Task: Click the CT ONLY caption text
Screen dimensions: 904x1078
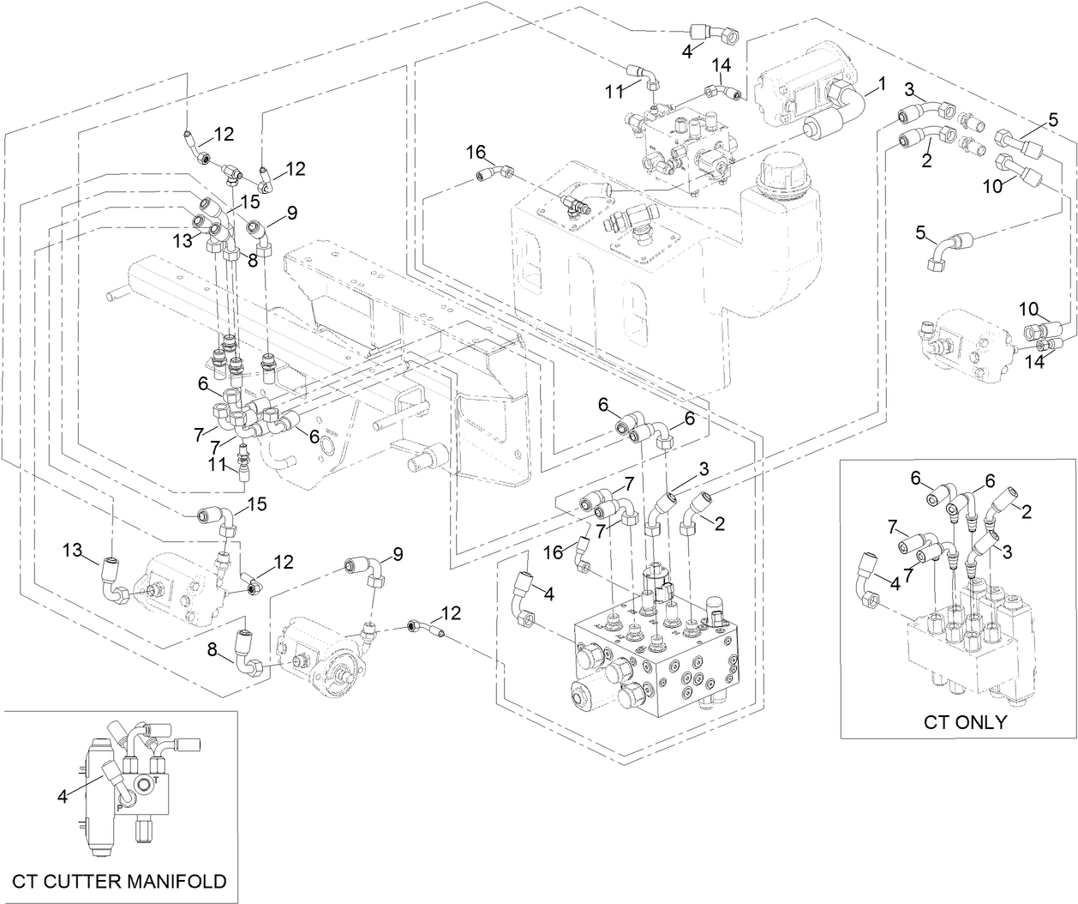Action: coord(965,721)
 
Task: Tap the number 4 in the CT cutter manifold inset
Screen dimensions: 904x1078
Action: coord(62,797)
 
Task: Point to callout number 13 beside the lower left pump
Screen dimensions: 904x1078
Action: coord(71,549)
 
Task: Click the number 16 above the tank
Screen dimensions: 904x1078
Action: coord(476,152)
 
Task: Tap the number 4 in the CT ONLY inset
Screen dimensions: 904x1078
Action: coord(895,585)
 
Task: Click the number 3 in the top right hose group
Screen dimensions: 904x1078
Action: coord(910,90)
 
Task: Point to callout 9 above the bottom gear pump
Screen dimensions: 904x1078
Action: coord(397,553)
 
